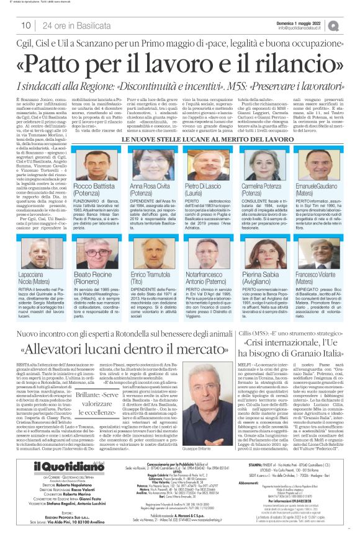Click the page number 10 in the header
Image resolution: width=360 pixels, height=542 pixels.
coord(26,25)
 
